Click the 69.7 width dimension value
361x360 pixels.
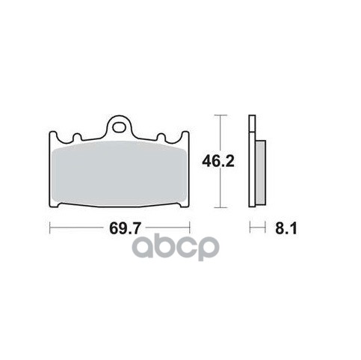coord(126,228)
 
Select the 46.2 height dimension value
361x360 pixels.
coord(218,162)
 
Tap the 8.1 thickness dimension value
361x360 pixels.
coord(286,228)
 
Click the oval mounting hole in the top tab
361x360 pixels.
coord(119,127)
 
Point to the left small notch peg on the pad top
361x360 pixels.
coord(77,137)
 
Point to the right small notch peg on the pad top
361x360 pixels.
coord(161,137)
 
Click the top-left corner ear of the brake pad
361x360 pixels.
coord(53,135)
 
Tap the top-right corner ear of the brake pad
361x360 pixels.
coord(185,135)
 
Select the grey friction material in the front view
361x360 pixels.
coord(119,173)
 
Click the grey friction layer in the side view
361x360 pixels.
coord(261,173)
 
